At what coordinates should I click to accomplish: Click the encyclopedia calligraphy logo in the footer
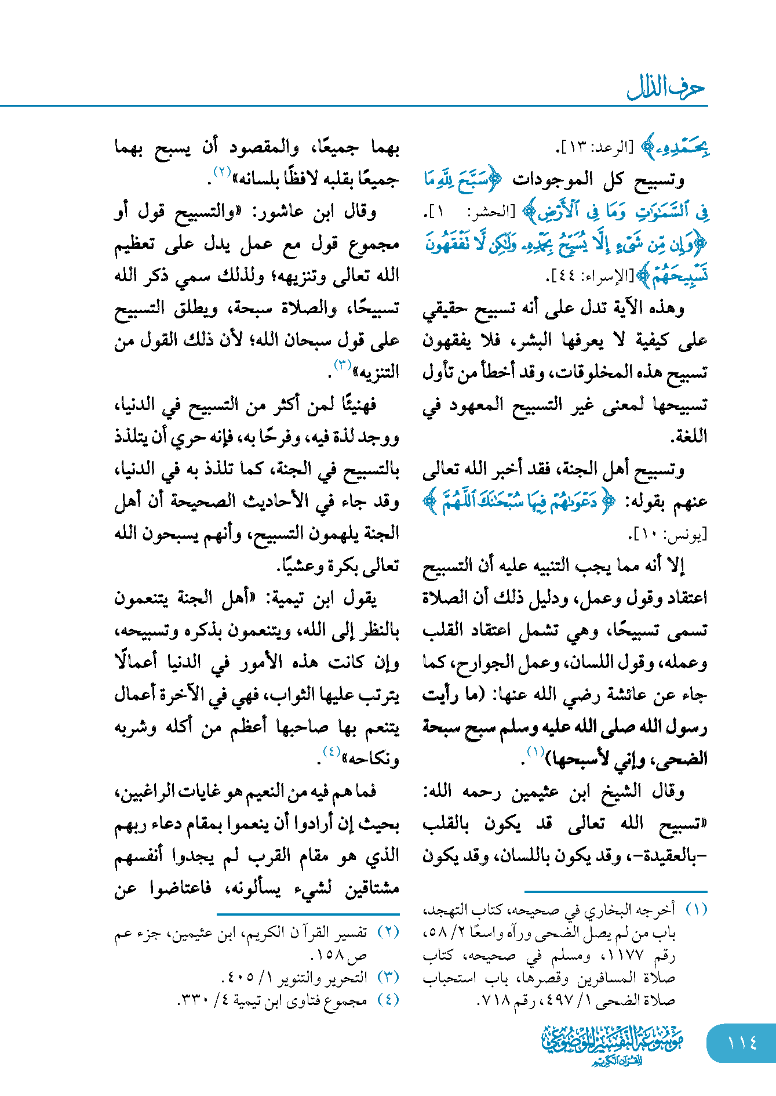pyautogui.click(x=613, y=1044)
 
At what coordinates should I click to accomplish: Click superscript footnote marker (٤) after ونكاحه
pyautogui.click(x=331, y=752)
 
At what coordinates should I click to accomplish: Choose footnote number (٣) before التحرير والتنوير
pyautogui.click(x=388, y=977)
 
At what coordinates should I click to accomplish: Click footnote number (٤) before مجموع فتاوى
pyautogui.click(x=388, y=999)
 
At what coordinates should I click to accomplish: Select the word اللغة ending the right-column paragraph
pyautogui.click(x=689, y=437)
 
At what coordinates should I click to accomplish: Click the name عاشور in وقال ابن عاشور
pyautogui.click(x=280, y=212)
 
